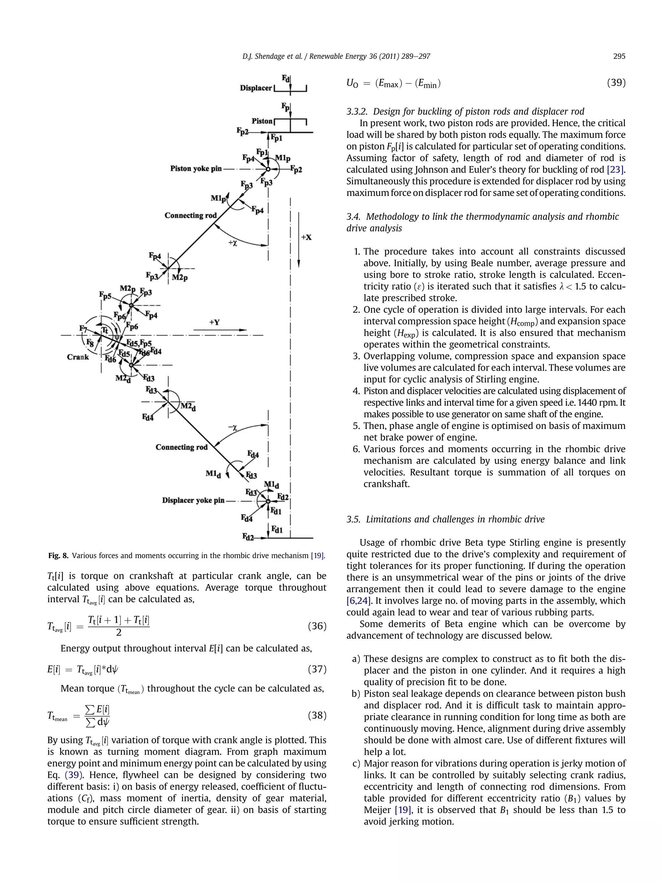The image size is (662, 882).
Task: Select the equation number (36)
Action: (317, 626)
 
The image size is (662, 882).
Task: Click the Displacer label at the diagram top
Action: (255, 88)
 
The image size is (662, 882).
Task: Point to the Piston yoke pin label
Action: (196, 169)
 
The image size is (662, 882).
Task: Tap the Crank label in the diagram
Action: (78, 357)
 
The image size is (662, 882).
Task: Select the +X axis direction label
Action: (306, 237)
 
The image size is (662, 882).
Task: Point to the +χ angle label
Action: (233, 242)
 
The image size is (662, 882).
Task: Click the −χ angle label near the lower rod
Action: (233, 428)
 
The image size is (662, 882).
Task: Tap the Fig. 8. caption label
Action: (58, 555)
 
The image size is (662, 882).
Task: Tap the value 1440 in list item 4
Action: (578, 403)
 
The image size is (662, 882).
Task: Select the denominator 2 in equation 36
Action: (119, 632)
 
